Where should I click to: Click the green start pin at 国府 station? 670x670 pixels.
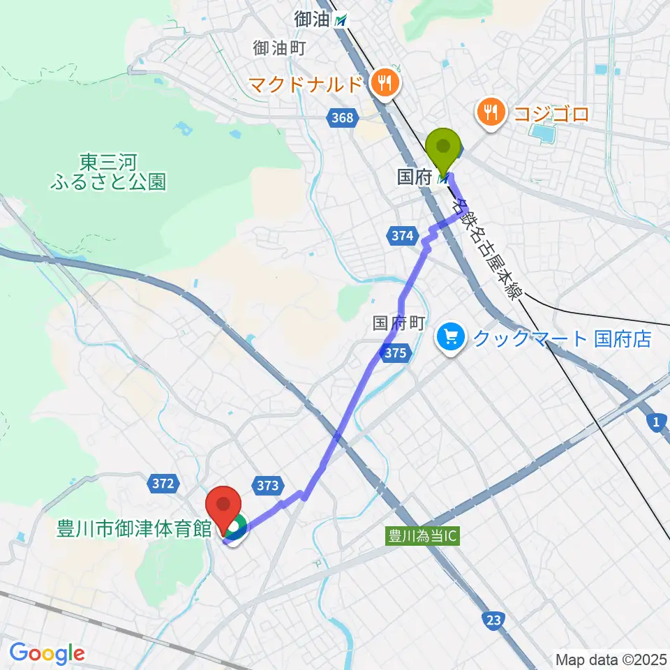click(x=444, y=148)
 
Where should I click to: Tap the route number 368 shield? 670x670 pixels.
click(x=343, y=118)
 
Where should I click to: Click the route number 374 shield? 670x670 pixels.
click(x=401, y=237)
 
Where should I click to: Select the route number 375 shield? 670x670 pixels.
click(x=394, y=354)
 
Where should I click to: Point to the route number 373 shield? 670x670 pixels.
click(x=268, y=486)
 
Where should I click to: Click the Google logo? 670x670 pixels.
click(x=47, y=653)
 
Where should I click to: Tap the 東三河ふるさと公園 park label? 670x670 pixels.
click(x=108, y=172)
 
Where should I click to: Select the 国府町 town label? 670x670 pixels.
click(x=399, y=322)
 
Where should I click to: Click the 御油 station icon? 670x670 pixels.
click(x=340, y=21)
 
